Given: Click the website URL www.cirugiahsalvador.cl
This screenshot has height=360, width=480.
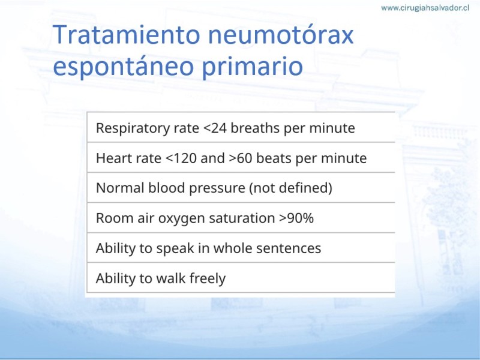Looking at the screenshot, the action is point(425,8).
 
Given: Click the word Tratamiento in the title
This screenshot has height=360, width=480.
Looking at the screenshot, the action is point(127,34).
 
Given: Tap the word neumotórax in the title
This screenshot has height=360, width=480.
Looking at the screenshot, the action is point(281,35).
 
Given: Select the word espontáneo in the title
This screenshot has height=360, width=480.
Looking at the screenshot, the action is point(124,67).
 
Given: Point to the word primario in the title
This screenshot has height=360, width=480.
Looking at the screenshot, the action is point(252,67).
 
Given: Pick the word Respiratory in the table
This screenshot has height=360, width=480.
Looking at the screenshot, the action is point(133,128).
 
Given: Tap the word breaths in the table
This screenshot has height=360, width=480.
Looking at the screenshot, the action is point(255,128).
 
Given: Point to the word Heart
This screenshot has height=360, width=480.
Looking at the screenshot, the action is point(112,158).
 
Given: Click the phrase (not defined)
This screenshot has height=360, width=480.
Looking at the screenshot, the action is point(291,188).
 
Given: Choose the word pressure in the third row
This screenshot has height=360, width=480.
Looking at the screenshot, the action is point(217,188).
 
